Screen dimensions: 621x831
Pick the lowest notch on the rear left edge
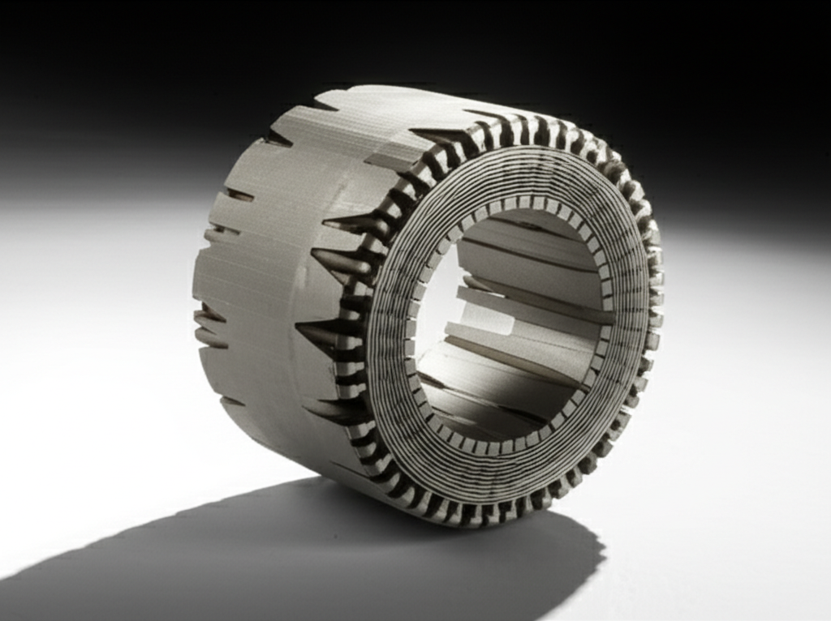coord(231,400)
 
